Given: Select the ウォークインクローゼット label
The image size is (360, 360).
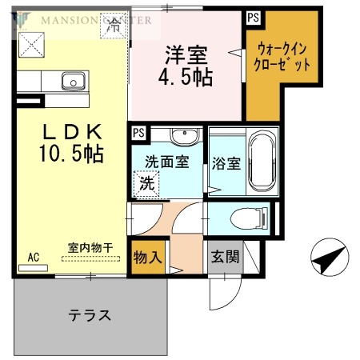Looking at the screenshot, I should (279, 59).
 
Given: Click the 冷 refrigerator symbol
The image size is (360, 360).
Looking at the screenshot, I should (114, 25).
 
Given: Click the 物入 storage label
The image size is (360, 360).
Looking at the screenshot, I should (147, 258).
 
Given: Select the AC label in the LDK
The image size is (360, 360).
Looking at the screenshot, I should (34, 257).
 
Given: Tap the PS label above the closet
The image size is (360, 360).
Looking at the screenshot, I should (253, 16).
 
